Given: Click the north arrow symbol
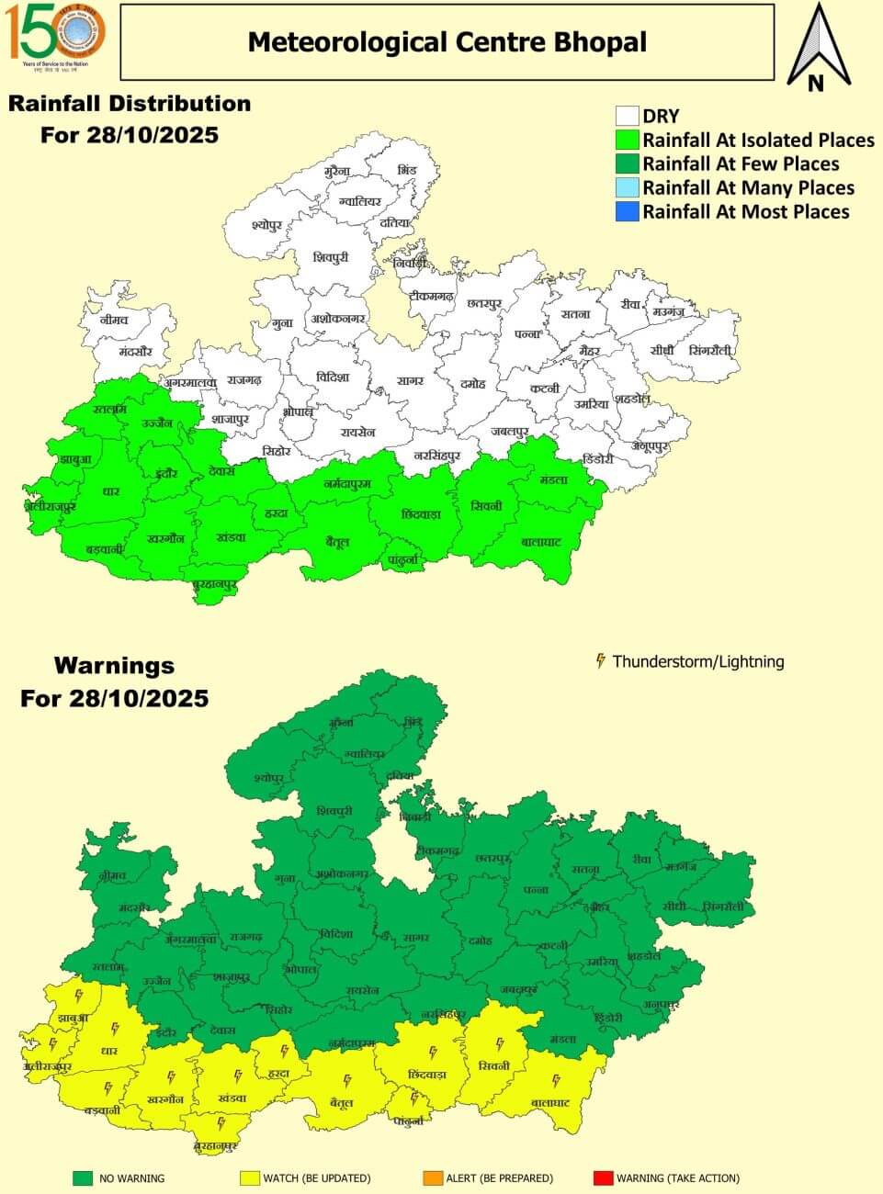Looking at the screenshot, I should tap(815, 48).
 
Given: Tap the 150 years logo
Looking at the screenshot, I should tap(57, 34).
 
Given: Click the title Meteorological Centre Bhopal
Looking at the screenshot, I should tap(447, 41).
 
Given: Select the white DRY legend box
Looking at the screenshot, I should tap(628, 116).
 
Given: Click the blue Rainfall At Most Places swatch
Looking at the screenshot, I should tap(628, 212).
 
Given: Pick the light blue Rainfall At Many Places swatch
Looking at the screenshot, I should tap(628, 188).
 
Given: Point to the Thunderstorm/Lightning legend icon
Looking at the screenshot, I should tap(601, 660).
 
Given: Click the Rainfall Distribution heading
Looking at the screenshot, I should tap(130, 103).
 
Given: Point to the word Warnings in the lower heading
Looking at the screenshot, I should tap(114, 665).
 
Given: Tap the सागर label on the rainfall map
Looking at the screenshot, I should tap(410, 380).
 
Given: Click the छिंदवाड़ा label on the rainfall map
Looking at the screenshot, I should tap(421, 514).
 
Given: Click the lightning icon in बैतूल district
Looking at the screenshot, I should tap(347, 1080).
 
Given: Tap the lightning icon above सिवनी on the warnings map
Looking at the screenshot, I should tap(499, 1043).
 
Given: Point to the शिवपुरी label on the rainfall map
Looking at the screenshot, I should tap(331, 258).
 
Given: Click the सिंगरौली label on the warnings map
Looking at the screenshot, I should tap(724, 907).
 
